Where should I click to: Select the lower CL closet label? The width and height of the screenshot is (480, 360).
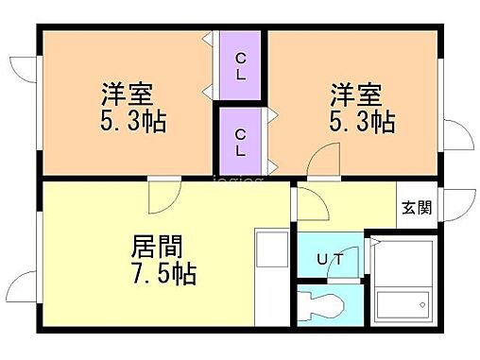[x=241, y=141]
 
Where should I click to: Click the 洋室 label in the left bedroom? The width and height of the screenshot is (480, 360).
[x=128, y=96]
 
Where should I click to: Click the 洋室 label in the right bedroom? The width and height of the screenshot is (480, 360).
[x=355, y=96]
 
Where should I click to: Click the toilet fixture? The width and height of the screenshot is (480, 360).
[x=322, y=306]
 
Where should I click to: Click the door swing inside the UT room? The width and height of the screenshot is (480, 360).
[x=350, y=267]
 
